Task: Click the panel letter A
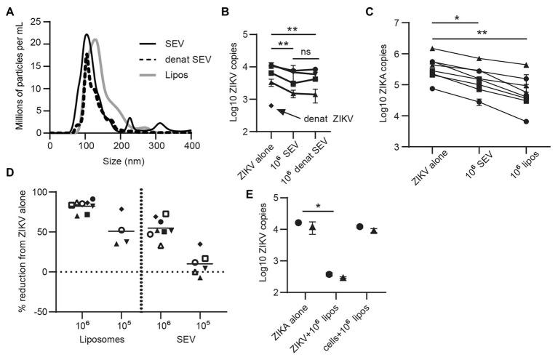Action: [x=7, y=8]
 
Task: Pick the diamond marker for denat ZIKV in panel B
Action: [x=271, y=106]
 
